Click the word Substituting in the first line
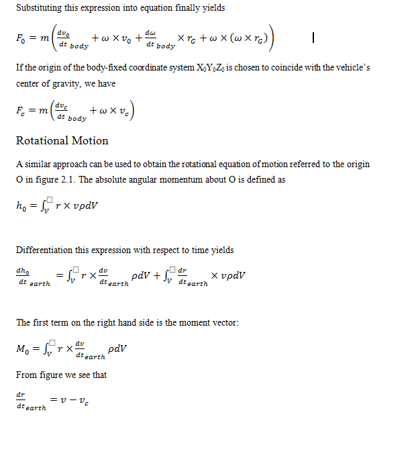pyautogui.click(x=38, y=8)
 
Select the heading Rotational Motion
pyautogui.click(x=62, y=140)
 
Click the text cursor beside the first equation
pyautogui.click(x=314, y=39)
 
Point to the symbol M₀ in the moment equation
pyautogui.click(x=23, y=349)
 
